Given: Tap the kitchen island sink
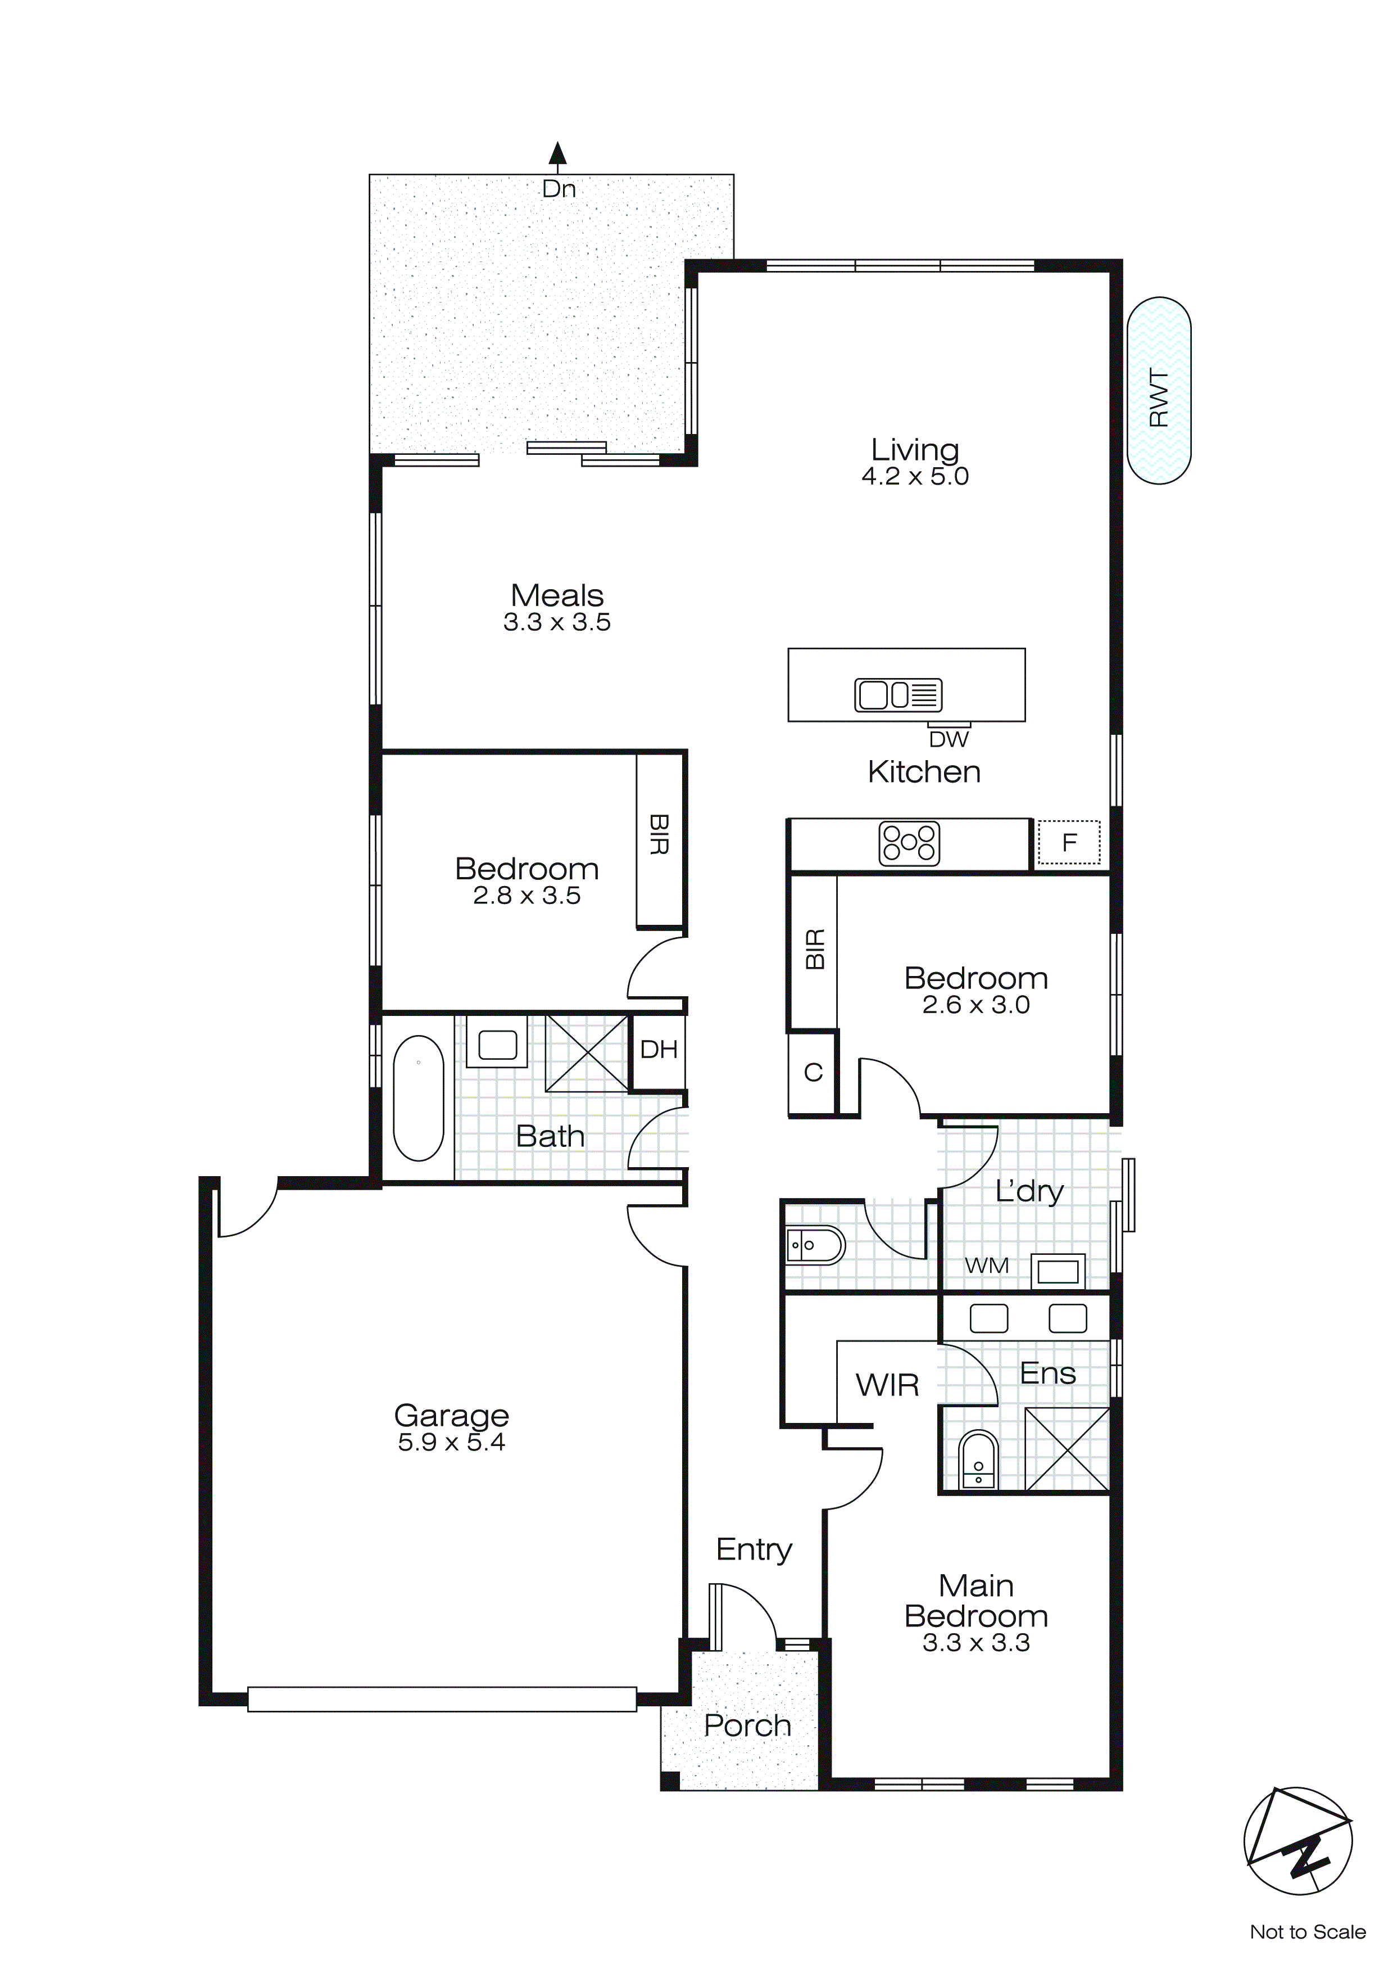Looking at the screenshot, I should click(898, 694).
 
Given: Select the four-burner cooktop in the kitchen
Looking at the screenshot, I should click(909, 843).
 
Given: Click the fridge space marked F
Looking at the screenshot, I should click(1069, 843).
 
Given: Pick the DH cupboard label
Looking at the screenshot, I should click(659, 1049).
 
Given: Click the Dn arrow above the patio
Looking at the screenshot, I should click(559, 155).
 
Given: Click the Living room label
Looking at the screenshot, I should click(915, 450).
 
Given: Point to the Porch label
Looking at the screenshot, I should click(747, 1725).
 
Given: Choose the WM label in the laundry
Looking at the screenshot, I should click(986, 1266).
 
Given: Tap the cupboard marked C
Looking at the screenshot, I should click(813, 1073).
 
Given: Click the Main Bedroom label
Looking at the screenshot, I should click(976, 1600).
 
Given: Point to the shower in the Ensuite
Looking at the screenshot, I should click(1067, 1449).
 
